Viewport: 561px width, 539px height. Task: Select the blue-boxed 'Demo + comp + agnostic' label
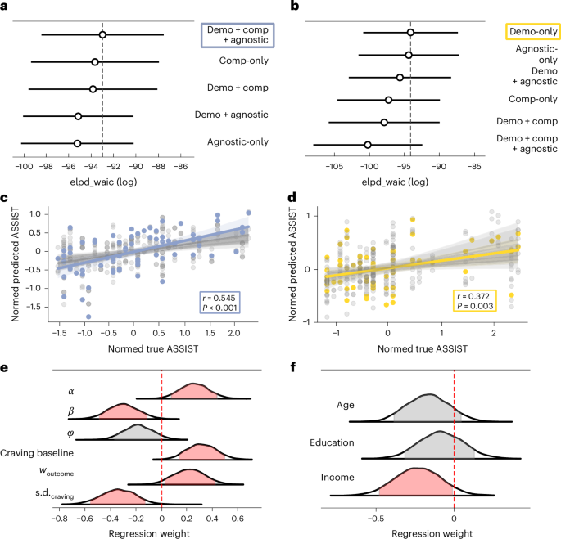point(237,34)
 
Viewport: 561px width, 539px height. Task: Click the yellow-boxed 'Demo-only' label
point(531,32)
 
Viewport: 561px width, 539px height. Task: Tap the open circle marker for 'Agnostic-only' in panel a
point(77,143)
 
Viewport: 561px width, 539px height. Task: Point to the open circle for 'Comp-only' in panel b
point(388,100)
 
